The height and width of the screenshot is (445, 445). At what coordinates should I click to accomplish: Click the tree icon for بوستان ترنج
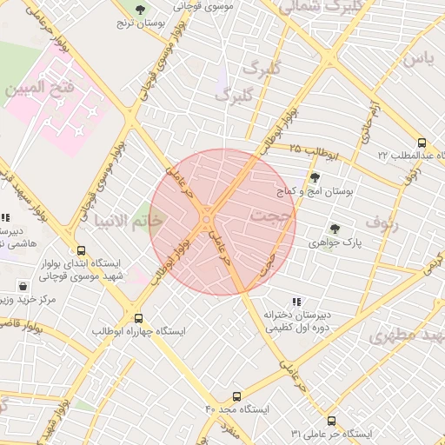pyautogui.click(x=140, y=10)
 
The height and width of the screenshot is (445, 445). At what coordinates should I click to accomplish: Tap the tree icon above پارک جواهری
pyautogui.click(x=335, y=229)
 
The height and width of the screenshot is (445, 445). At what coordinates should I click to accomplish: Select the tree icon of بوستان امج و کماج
pyautogui.click(x=315, y=177)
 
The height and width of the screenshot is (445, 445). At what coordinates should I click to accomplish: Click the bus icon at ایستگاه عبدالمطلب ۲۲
pyautogui.click(x=422, y=143)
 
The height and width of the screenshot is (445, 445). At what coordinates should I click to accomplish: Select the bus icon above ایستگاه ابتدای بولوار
pyautogui.click(x=81, y=250)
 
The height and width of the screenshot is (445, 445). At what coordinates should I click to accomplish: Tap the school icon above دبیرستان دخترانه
pyautogui.click(x=296, y=302)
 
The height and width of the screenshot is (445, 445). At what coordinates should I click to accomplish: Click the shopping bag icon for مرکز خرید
pyautogui.click(x=22, y=285)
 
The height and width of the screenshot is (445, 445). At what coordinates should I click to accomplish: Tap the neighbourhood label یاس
pyautogui.click(x=415, y=58)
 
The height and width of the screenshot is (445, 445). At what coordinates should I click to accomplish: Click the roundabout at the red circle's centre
pyautogui.click(x=207, y=221)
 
